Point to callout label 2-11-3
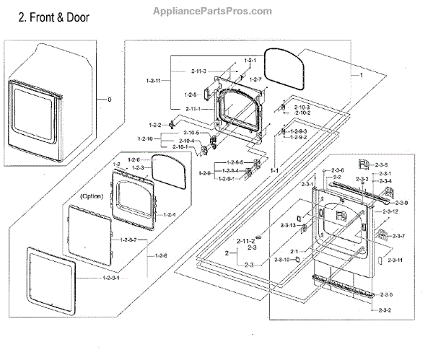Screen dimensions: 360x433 (x=199, y=71)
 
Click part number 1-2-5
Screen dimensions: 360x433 (x=190, y=95)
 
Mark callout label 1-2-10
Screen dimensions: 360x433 (x=146, y=139)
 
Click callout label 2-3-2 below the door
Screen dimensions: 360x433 (x=385, y=309)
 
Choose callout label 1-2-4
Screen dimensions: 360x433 (x=170, y=214)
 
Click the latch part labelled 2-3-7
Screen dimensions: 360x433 (x=380, y=234)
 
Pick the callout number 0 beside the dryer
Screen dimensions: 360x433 (x=109, y=99)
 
